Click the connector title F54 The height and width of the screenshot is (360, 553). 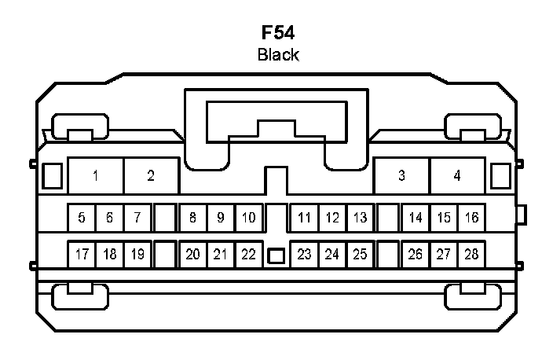pyautogui.click(x=277, y=34)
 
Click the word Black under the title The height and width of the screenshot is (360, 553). pyautogui.click(x=278, y=54)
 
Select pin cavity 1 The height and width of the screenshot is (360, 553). pyautogui.click(x=95, y=175)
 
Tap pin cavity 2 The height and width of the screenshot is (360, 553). pyautogui.click(x=151, y=175)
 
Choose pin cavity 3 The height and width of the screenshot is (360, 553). pyautogui.click(x=401, y=175)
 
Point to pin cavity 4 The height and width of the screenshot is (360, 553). pyautogui.click(x=457, y=175)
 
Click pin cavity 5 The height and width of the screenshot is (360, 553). pyautogui.click(x=82, y=218)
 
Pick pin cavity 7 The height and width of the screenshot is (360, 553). pyautogui.click(x=137, y=218)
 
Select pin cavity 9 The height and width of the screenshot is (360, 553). pyautogui.click(x=221, y=218)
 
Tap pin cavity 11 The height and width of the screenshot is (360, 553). pyautogui.click(x=305, y=218)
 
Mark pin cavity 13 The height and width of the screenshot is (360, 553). pyautogui.click(x=360, y=218)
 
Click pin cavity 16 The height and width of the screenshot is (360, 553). pyautogui.click(x=471, y=218)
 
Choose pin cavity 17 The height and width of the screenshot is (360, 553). pyautogui.click(x=82, y=254)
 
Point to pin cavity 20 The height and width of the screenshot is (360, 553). pyautogui.click(x=193, y=254)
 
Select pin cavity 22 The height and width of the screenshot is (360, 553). pyautogui.click(x=248, y=254)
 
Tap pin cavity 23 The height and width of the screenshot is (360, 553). pyautogui.click(x=305, y=254)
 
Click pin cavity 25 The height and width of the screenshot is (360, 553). pyautogui.click(x=360, y=254)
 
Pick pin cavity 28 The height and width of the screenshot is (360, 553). pyautogui.click(x=471, y=254)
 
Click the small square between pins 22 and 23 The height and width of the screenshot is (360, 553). pyautogui.click(x=276, y=255)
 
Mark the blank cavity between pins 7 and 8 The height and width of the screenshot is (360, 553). pyautogui.click(x=165, y=218)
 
